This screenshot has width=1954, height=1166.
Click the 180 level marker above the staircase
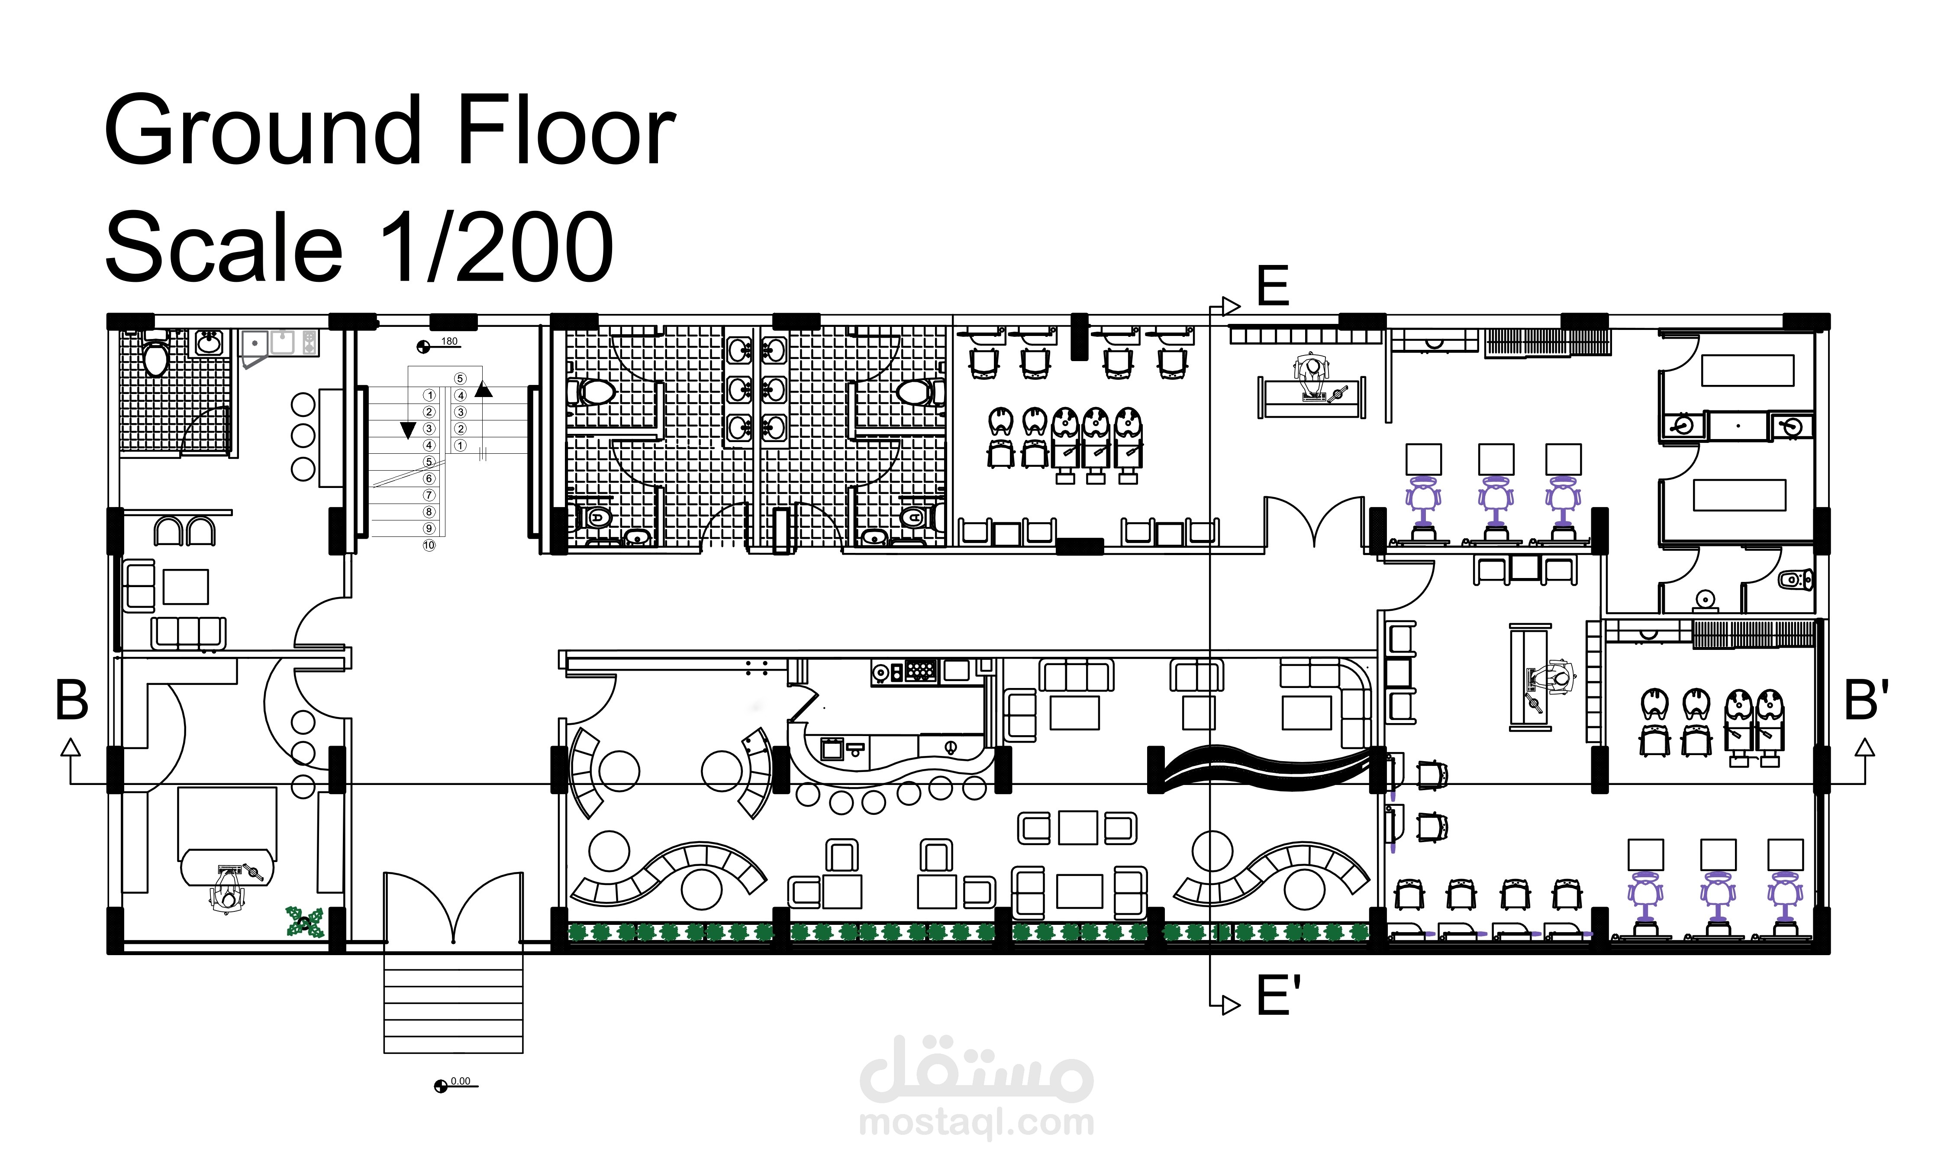(x=449, y=341)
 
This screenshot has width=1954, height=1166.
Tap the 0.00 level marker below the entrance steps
(x=460, y=1081)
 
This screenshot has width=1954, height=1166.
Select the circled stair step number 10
(x=429, y=545)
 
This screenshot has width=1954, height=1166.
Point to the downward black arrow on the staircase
(x=408, y=430)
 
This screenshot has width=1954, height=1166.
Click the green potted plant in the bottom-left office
(x=305, y=922)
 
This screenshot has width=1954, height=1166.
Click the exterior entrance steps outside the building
(x=453, y=1003)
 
